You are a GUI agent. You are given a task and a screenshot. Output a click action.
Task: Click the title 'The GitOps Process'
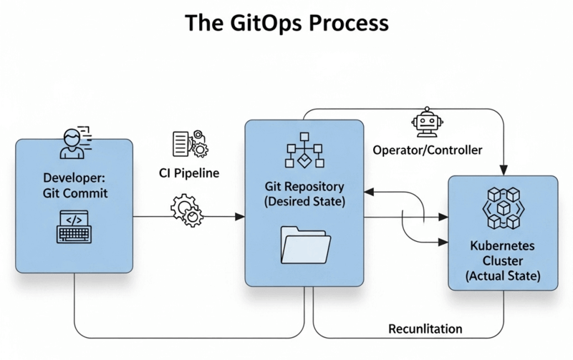pyautogui.click(x=286, y=22)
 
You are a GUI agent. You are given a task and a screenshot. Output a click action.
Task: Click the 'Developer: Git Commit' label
pyautogui.click(x=74, y=185)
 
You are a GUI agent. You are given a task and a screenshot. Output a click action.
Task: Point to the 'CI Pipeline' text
pyautogui.click(x=189, y=172)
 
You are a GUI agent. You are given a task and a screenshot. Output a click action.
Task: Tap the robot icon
pyautogui.click(x=427, y=124)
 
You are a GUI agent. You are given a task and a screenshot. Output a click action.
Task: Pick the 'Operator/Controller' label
pyautogui.click(x=428, y=150)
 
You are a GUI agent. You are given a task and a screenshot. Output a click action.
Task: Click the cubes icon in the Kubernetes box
pyautogui.click(x=502, y=205)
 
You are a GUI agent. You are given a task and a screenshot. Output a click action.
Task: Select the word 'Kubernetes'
pyautogui.click(x=502, y=245)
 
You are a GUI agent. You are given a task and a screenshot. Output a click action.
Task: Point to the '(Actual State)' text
pyautogui.click(x=502, y=275)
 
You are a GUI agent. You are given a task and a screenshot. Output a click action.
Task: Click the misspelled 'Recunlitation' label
pyautogui.click(x=425, y=329)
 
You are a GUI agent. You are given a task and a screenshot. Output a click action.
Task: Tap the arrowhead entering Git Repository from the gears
pyautogui.click(x=240, y=216)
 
